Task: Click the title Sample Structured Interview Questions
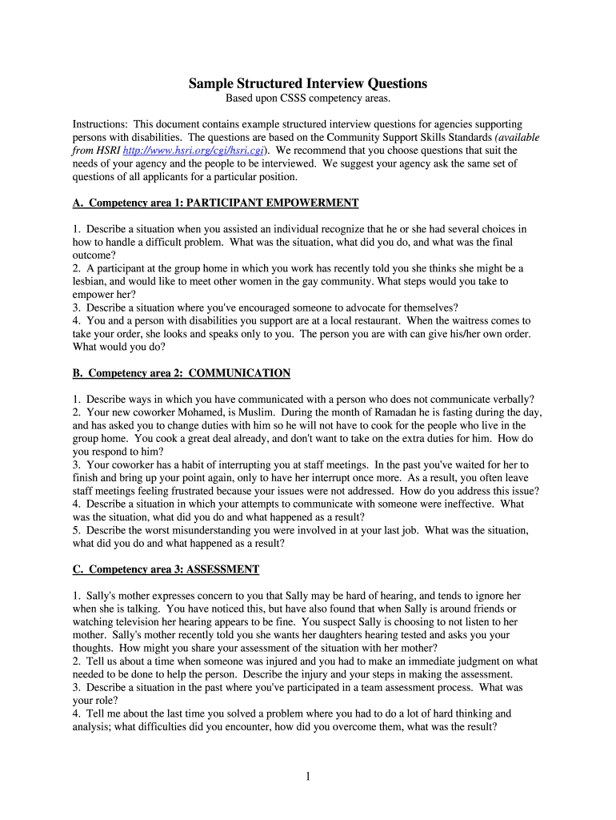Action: click(x=308, y=83)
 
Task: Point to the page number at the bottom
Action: click(x=308, y=776)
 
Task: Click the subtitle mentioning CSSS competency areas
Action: click(x=308, y=98)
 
